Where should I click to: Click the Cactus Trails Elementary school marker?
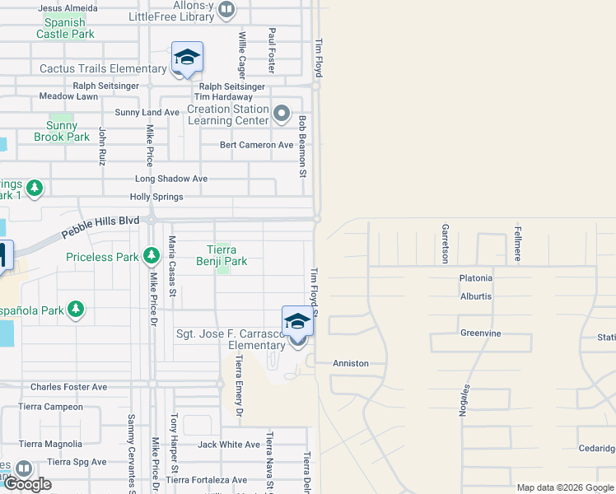[187, 58]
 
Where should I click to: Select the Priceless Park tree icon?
[151, 257]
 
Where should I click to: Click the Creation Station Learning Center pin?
[282, 114]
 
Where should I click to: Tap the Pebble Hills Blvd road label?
[100, 229]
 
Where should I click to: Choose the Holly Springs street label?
[156, 197]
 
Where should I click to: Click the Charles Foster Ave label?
[68, 387]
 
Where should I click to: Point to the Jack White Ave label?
[229, 445]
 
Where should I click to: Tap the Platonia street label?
[476, 278]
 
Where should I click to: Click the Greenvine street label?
[481, 333]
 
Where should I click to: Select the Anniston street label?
[351, 363]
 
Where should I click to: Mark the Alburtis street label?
[476, 295]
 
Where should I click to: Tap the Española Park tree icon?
[76, 309]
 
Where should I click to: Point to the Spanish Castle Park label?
[65, 28]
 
